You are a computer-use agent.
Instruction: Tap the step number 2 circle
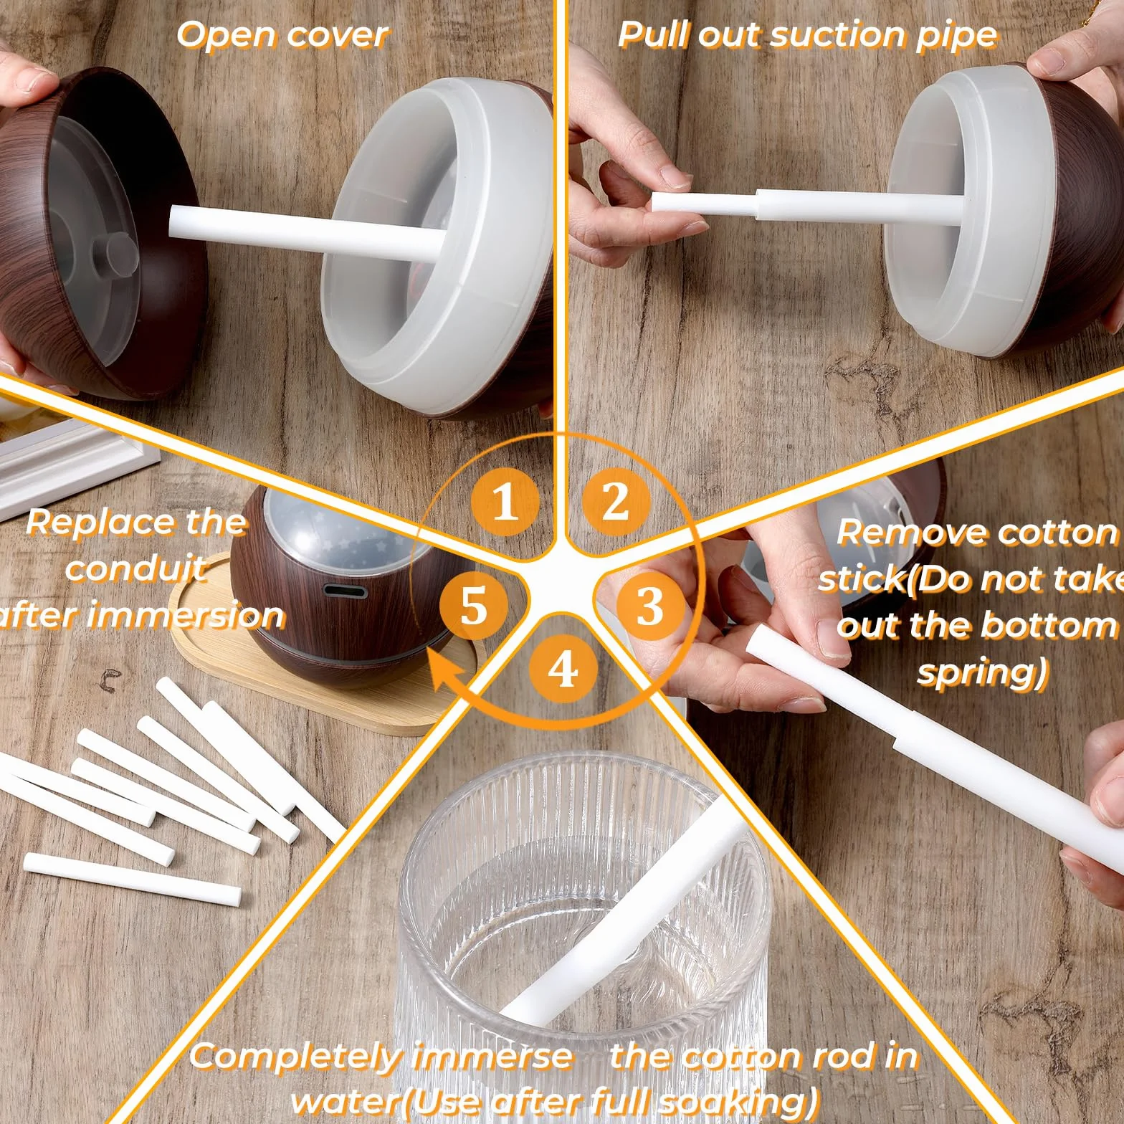coord(615,500)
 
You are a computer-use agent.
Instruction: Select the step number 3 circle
coord(649,606)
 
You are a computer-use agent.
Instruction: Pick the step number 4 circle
coord(563,670)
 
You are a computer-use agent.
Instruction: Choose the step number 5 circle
coord(474,606)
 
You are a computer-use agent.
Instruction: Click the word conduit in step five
coord(136,568)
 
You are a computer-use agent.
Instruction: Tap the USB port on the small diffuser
coord(346,591)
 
